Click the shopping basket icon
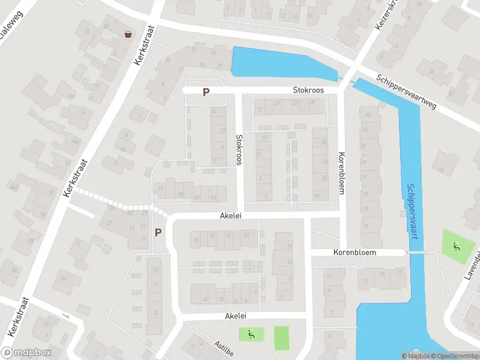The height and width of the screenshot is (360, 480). [128, 34]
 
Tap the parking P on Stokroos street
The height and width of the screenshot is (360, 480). [206, 92]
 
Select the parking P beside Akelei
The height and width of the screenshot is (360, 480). [158, 232]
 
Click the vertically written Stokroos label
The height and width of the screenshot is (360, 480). [238, 149]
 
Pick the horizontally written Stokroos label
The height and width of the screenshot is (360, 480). [308, 90]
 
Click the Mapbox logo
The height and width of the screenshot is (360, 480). [25, 353]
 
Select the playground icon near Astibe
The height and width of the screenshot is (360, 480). [251, 334]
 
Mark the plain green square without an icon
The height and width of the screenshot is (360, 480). [281, 338]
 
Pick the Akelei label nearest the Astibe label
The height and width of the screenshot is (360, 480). [236, 316]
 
